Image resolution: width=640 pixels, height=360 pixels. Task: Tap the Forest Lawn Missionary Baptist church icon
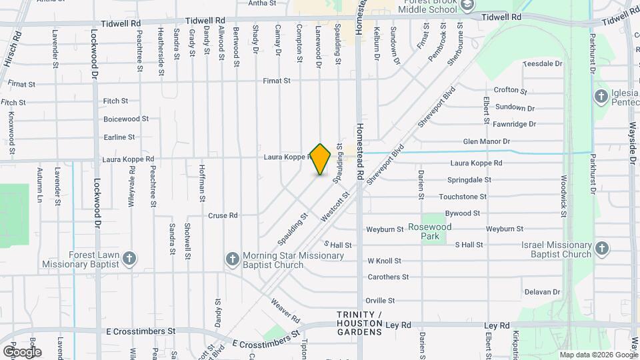click(x=129, y=257)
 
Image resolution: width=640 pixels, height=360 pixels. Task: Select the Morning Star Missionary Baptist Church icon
click(x=232, y=258)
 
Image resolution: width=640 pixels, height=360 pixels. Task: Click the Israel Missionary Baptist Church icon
click(x=602, y=249)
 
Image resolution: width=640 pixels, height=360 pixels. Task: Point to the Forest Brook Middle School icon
click(x=467, y=5)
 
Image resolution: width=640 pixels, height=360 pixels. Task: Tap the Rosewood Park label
click(x=430, y=231)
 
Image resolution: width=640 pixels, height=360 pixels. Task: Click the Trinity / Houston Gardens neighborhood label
click(x=359, y=323)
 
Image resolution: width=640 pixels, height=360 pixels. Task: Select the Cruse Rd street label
click(x=223, y=215)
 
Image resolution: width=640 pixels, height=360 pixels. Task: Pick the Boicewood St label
click(x=125, y=119)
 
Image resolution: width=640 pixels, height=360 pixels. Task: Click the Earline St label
click(x=119, y=137)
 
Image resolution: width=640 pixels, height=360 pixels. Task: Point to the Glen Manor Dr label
click(x=486, y=141)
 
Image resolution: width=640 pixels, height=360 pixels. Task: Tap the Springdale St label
click(x=469, y=180)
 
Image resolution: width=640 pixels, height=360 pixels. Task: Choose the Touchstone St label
click(x=463, y=197)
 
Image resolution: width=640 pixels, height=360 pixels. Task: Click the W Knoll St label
click(x=384, y=261)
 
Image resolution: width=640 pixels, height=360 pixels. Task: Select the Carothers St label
click(x=388, y=277)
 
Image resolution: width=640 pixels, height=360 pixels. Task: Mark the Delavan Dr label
click(x=542, y=291)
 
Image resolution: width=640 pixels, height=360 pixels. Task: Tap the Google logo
click(x=22, y=351)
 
